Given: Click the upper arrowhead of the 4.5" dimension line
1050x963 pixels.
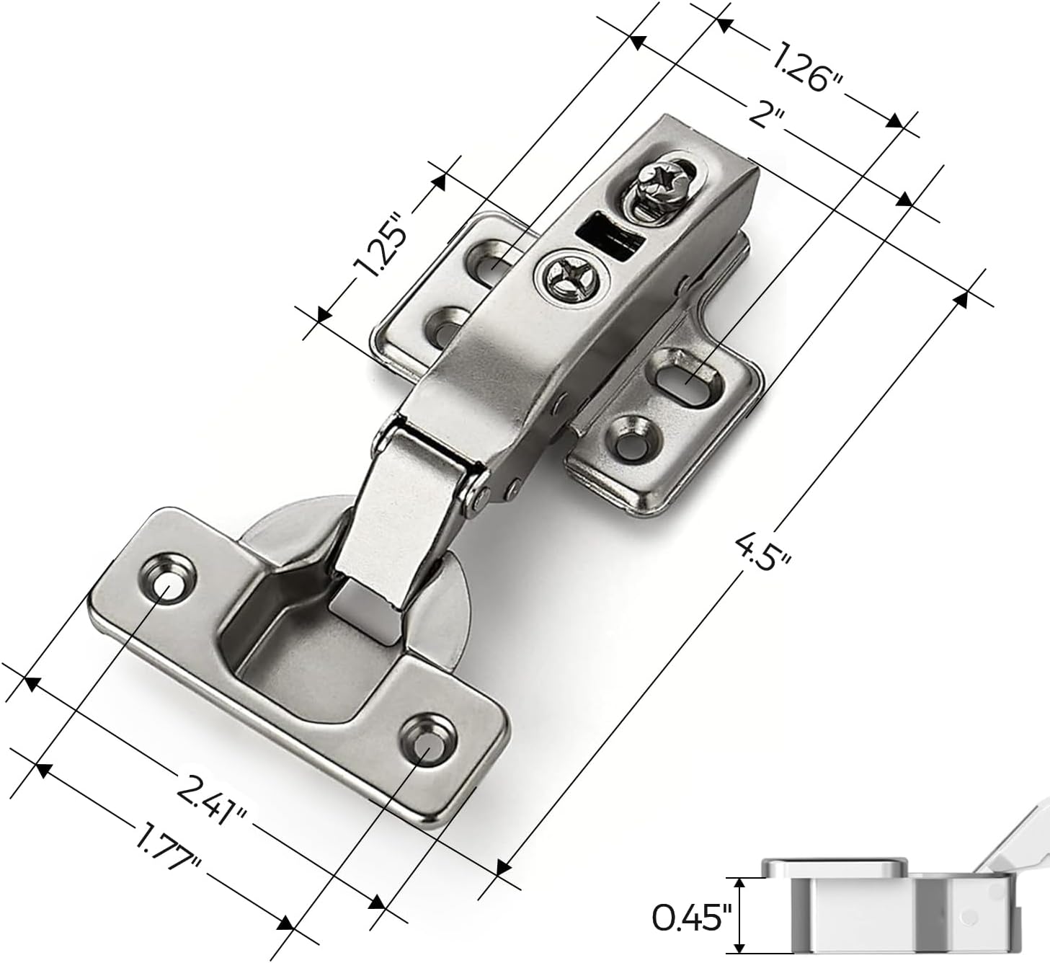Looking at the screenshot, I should pos(961,298).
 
